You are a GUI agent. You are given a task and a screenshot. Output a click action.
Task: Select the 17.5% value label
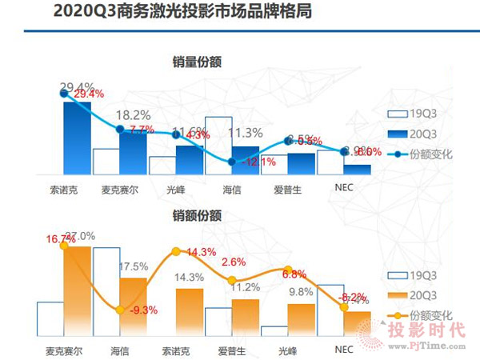pos(134,266)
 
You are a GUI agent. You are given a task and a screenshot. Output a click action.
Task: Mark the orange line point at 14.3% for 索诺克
pos(174,251)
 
